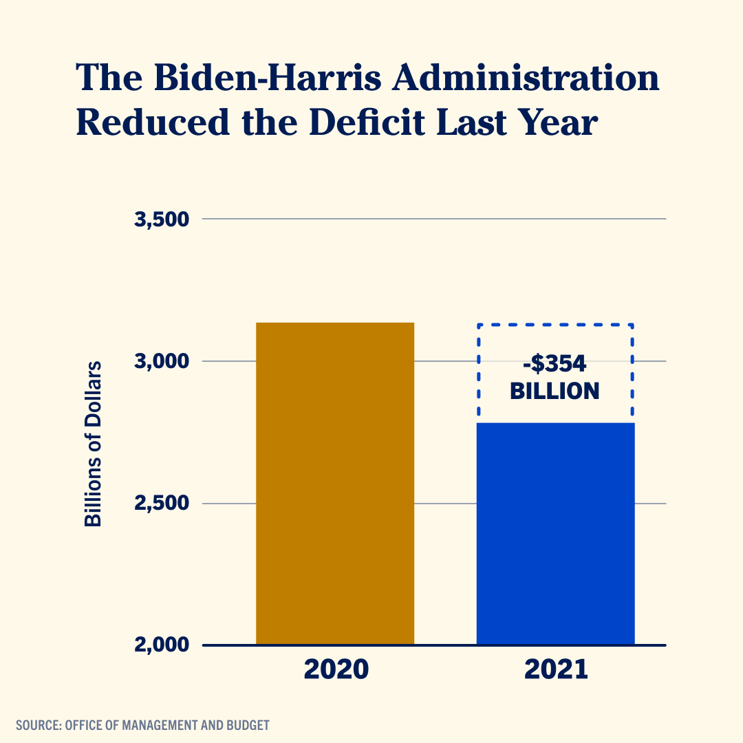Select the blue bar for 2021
click(555, 534)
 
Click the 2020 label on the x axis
click(336, 669)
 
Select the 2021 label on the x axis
click(556, 669)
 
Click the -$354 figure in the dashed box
click(554, 362)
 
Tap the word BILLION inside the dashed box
click(554, 391)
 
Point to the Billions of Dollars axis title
click(93, 443)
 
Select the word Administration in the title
click(525, 78)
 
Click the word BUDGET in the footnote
click(249, 725)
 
